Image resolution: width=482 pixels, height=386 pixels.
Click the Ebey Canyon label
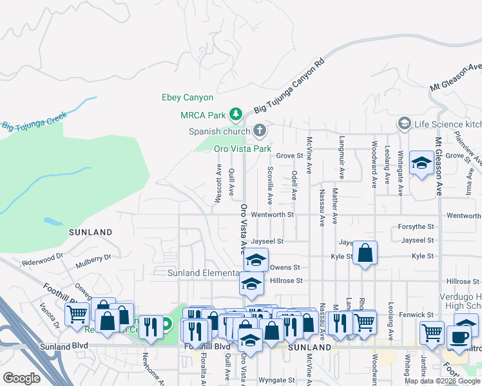[x=187, y=98]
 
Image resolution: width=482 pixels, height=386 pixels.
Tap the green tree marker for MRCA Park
[x=236, y=115]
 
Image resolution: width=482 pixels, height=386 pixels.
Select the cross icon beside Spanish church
[x=260, y=131]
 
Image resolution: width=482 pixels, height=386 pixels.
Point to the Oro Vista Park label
[x=242, y=149]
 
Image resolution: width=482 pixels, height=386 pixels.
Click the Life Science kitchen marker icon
[x=404, y=123]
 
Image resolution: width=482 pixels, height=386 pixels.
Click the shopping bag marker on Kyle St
[x=365, y=254]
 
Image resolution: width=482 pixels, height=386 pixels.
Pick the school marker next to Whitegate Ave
[x=421, y=165]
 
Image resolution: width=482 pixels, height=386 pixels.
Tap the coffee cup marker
[x=459, y=337]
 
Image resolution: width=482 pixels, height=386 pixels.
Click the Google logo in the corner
[x=22, y=378]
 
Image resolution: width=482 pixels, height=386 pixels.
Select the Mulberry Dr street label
[x=93, y=259]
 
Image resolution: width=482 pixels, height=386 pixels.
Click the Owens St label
[x=285, y=267]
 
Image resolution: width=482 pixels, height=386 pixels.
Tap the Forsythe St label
[x=416, y=226]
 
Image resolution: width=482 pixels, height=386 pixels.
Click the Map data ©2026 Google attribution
[x=442, y=381]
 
